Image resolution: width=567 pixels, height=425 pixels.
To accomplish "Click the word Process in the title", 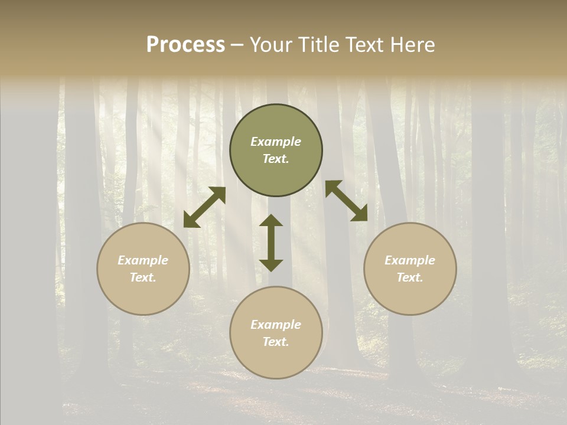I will [x=185, y=44].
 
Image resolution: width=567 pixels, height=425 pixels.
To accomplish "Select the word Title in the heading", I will [x=320, y=44].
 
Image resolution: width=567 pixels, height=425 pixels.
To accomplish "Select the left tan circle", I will [x=143, y=289].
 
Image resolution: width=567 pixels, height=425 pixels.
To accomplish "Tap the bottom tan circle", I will [x=276, y=357].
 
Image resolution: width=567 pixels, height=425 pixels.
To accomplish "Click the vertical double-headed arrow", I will [x=271, y=243].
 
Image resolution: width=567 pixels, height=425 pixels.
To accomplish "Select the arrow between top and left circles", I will [x=204, y=207].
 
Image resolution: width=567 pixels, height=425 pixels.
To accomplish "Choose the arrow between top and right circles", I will [x=347, y=201].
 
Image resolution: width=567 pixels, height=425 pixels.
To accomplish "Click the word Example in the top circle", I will [x=276, y=142].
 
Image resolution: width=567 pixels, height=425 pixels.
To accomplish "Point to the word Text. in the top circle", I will [x=276, y=159].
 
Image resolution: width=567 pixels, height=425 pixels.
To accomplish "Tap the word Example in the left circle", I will [x=143, y=260].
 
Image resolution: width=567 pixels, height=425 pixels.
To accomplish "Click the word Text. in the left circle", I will [x=143, y=277].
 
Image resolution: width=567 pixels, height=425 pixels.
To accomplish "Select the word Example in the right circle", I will [x=410, y=260].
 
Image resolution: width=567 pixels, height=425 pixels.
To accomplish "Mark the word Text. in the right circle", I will [x=410, y=277].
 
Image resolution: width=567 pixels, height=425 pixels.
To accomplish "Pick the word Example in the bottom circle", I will [x=276, y=325].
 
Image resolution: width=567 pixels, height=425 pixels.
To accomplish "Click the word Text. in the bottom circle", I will [x=276, y=342].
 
